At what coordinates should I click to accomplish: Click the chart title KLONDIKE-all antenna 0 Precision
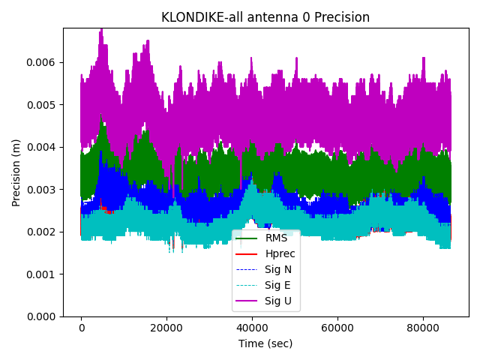tap(265, 17)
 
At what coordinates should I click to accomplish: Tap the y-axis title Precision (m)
tap(16, 172)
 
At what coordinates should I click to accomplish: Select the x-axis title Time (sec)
tap(265, 343)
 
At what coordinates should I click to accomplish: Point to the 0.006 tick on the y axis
tap(43, 62)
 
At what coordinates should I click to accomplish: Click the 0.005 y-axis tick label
tap(43, 104)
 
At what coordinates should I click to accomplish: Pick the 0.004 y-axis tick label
tap(43, 147)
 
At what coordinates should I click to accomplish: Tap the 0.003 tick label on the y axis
tap(43, 190)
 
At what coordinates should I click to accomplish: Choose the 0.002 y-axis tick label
tap(43, 232)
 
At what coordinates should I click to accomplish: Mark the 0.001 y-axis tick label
tap(43, 274)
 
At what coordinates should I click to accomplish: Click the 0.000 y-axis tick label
tap(43, 316)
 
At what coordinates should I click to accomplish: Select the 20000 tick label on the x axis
tap(166, 328)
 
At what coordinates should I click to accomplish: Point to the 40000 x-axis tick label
tap(252, 328)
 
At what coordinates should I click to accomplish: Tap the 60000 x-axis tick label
tap(337, 328)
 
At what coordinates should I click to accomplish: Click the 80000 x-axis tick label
tap(422, 328)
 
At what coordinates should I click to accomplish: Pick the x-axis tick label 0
tap(82, 328)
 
